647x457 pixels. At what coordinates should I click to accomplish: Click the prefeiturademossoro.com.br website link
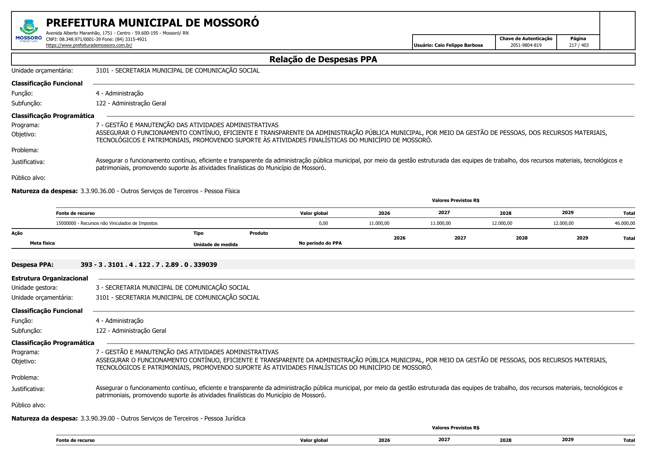click(89, 45)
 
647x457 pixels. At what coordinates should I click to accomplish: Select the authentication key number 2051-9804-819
click(526, 45)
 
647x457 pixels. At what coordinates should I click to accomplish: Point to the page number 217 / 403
click(578, 45)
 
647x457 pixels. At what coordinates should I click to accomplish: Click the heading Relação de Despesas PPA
click(323, 59)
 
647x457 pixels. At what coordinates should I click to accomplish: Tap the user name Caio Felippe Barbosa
click(458, 45)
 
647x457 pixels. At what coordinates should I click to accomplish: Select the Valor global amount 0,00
click(323, 223)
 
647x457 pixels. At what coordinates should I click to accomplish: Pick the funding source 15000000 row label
click(107, 223)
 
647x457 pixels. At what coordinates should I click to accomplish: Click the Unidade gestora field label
click(35, 287)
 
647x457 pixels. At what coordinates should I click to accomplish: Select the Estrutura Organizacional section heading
click(50, 278)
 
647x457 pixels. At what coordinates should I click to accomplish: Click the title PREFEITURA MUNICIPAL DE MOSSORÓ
click(152, 23)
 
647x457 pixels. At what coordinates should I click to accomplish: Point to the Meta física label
click(42, 243)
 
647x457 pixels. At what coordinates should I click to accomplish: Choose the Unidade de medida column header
click(215, 245)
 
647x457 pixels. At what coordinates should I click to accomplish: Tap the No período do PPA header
click(320, 243)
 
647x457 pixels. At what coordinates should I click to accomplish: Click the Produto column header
click(258, 233)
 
